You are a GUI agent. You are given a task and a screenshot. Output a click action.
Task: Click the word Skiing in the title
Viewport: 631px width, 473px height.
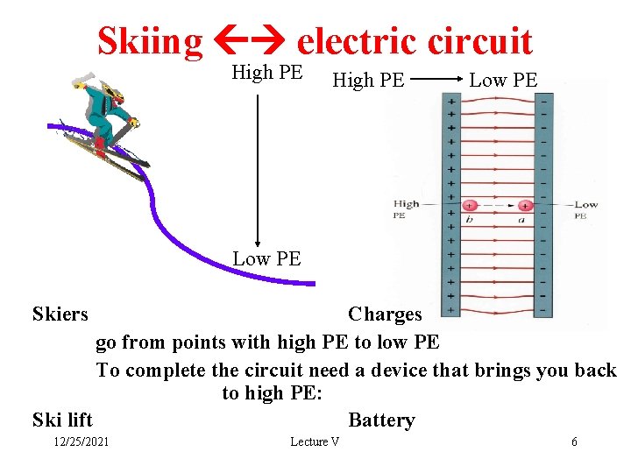pos(149,41)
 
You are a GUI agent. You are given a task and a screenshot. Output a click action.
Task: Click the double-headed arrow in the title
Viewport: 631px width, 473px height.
pos(250,41)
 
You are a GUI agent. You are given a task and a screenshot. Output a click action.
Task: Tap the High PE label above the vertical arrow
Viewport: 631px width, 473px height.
pos(266,73)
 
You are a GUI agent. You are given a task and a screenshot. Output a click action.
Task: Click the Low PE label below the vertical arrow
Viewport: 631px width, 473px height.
pos(266,258)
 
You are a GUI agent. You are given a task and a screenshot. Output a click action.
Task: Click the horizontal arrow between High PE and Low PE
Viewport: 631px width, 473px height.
pos(436,80)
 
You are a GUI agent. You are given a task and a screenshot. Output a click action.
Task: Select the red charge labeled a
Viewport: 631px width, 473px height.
pos(524,206)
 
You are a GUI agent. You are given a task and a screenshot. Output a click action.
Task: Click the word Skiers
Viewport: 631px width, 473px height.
pos(60,314)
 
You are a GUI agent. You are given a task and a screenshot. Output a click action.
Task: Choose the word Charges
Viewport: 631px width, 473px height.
pos(385,314)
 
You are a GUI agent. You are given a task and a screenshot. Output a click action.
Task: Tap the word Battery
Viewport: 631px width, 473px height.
pos(381,420)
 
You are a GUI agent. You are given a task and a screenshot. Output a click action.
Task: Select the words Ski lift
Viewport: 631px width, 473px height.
pos(62,420)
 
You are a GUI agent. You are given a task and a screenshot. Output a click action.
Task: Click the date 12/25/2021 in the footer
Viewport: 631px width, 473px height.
pos(81,441)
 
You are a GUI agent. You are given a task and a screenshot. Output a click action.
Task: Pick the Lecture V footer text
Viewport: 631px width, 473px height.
pos(315,441)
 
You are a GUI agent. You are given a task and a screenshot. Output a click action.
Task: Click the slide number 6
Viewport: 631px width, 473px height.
pos(574,441)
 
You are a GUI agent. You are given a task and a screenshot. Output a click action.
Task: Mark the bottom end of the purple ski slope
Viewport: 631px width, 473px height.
pos(312,283)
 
